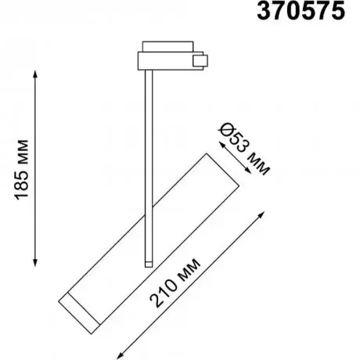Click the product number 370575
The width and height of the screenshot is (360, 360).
(301, 11)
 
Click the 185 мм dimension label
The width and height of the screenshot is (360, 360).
(22, 170)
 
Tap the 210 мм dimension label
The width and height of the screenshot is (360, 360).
(175, 283)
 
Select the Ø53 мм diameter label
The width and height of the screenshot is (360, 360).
(244, 149)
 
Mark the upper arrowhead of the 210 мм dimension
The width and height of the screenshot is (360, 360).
(262, 214)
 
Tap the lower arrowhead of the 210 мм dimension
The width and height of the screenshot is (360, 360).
(119, 356)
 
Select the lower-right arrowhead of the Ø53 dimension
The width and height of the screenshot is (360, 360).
(248, 171)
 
